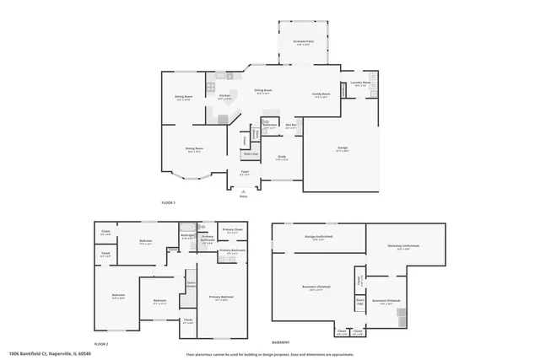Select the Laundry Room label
pyautogui.click(x=359, y=83)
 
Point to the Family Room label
pyautogui.click(x=321, y=94)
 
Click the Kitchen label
pyautogui.click(x=224, y=96)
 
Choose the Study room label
pyautogui.click(x=281, y=158)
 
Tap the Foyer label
pyautogui.click(x=245, y=172)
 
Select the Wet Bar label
pyautogui.click(x=290, y=126)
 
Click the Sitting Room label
pyautogui.click(x=194, y=149)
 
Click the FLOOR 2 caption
pyautogui.click(x=101, y=345)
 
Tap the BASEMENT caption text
pyautogui.click(x=281, y=342)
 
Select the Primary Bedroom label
pyautogui.click(x=222, y=298)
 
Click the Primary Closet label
pyautogui.click(x=233, y=230)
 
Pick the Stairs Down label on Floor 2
pyautogui.click(x=192, y=285)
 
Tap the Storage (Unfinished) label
pyautogui.click(x=319, y=238)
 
